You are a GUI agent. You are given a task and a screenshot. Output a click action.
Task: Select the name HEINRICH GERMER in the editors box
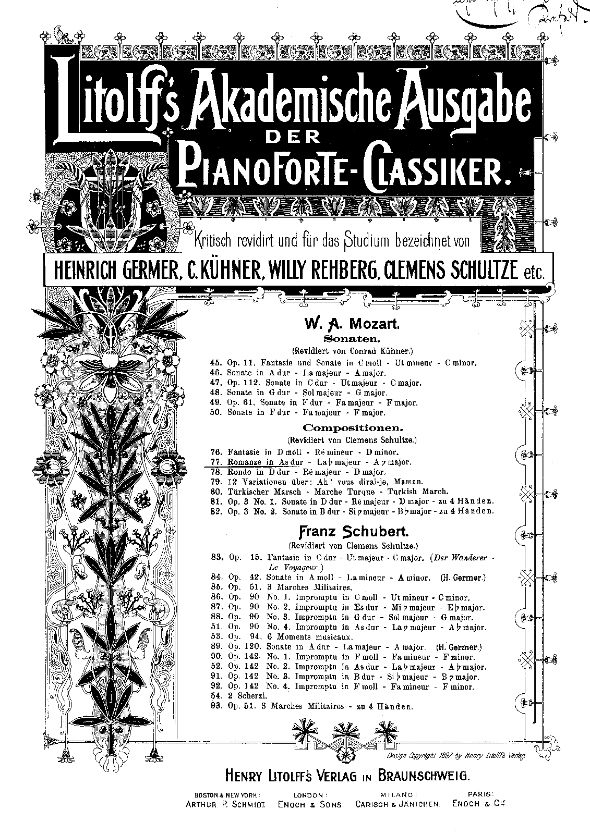(x=110, y=270)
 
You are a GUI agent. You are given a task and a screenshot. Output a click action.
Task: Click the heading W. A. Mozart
(x=352, y=325)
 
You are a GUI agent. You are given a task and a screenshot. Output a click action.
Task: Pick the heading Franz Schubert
(x=352, y=532)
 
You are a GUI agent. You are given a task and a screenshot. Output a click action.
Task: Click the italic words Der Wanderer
(x=460, y=557)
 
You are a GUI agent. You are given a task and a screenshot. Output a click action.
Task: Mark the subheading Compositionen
(x=353, y=428)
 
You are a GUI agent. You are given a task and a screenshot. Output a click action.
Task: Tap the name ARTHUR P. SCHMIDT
(x=226, y=805)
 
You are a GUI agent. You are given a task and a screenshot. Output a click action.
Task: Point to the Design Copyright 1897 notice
(x=456, y=756)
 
